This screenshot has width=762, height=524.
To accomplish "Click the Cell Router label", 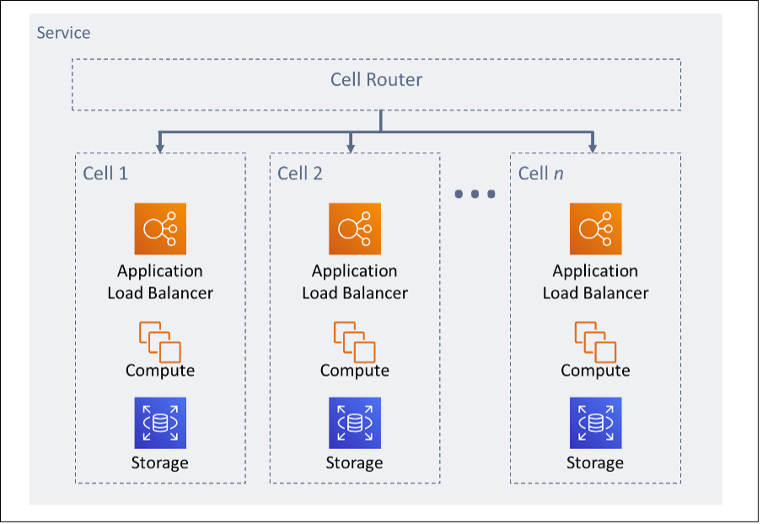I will coord(376,80).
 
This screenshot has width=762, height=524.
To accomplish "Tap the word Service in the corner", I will coord(63,33).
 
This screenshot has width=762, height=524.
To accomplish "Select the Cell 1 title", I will coord(105,174).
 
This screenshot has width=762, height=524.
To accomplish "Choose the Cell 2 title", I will coord(300,174).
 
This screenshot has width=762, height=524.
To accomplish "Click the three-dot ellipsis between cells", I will coord(475,195).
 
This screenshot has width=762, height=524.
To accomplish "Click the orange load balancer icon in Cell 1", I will coord(160,228).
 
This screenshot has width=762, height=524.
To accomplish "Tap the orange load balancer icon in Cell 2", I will coord(355,228).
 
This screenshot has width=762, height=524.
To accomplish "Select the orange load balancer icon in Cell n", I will coord(595,228).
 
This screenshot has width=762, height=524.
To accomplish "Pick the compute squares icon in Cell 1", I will coord(160,341).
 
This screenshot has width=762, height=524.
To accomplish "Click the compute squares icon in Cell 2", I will coord(355,341).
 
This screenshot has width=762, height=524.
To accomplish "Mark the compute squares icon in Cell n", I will coord(595,341).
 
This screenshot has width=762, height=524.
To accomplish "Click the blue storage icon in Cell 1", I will coord(160,423).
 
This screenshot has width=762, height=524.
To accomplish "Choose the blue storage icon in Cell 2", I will coord(355,423).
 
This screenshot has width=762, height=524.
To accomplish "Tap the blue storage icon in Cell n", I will coord(595,423).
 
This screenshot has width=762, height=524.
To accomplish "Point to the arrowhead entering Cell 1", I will coord(160,148).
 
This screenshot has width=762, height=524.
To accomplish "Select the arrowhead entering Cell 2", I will coord(351,148).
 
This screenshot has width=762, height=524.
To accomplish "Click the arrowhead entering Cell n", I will coord(593,148).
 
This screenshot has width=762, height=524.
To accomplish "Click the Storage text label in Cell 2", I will coord(355,463).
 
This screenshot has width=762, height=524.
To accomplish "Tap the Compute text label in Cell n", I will coord(595,371).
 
